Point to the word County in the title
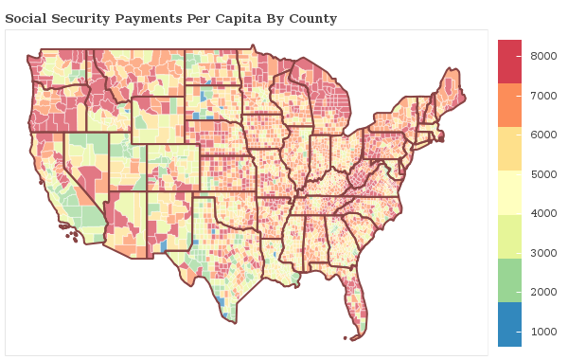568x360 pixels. pyautogui.click(x=312, y=19)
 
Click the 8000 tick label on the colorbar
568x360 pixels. pyautogui.click(x=542, y=57)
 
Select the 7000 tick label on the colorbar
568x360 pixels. pyautogui.click(x=542, y=96)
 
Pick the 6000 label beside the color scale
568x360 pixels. pyautogui.click(x=542, y=135)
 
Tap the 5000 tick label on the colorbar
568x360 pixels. pyautogui.click(x=542, y=174)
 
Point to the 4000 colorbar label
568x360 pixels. pyautogui.click(x=542, y=214)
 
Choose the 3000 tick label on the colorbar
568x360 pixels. pyautogui.click(x=542, y=253)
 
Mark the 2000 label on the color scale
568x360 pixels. pyautogui.click(x=542, y=293)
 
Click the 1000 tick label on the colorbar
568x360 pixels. pyautogui.click(x=542, y=332)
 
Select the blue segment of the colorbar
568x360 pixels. pyautogui.click(x=509, y=325)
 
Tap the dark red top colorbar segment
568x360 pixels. pyautogui.click(x=509, y=62)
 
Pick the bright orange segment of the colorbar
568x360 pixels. pyautogui.click(x=509, y=105)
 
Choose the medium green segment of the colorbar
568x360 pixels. pyautogui.click(x=509, y=281)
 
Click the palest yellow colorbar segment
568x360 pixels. pyautogui.click(x=509, y=193)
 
